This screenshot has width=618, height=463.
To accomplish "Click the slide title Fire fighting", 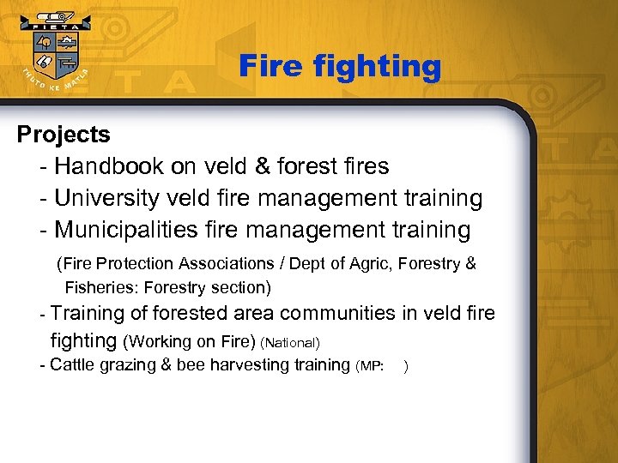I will (x=339, y=66).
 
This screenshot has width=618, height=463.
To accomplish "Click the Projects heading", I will (x=64, y=135).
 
